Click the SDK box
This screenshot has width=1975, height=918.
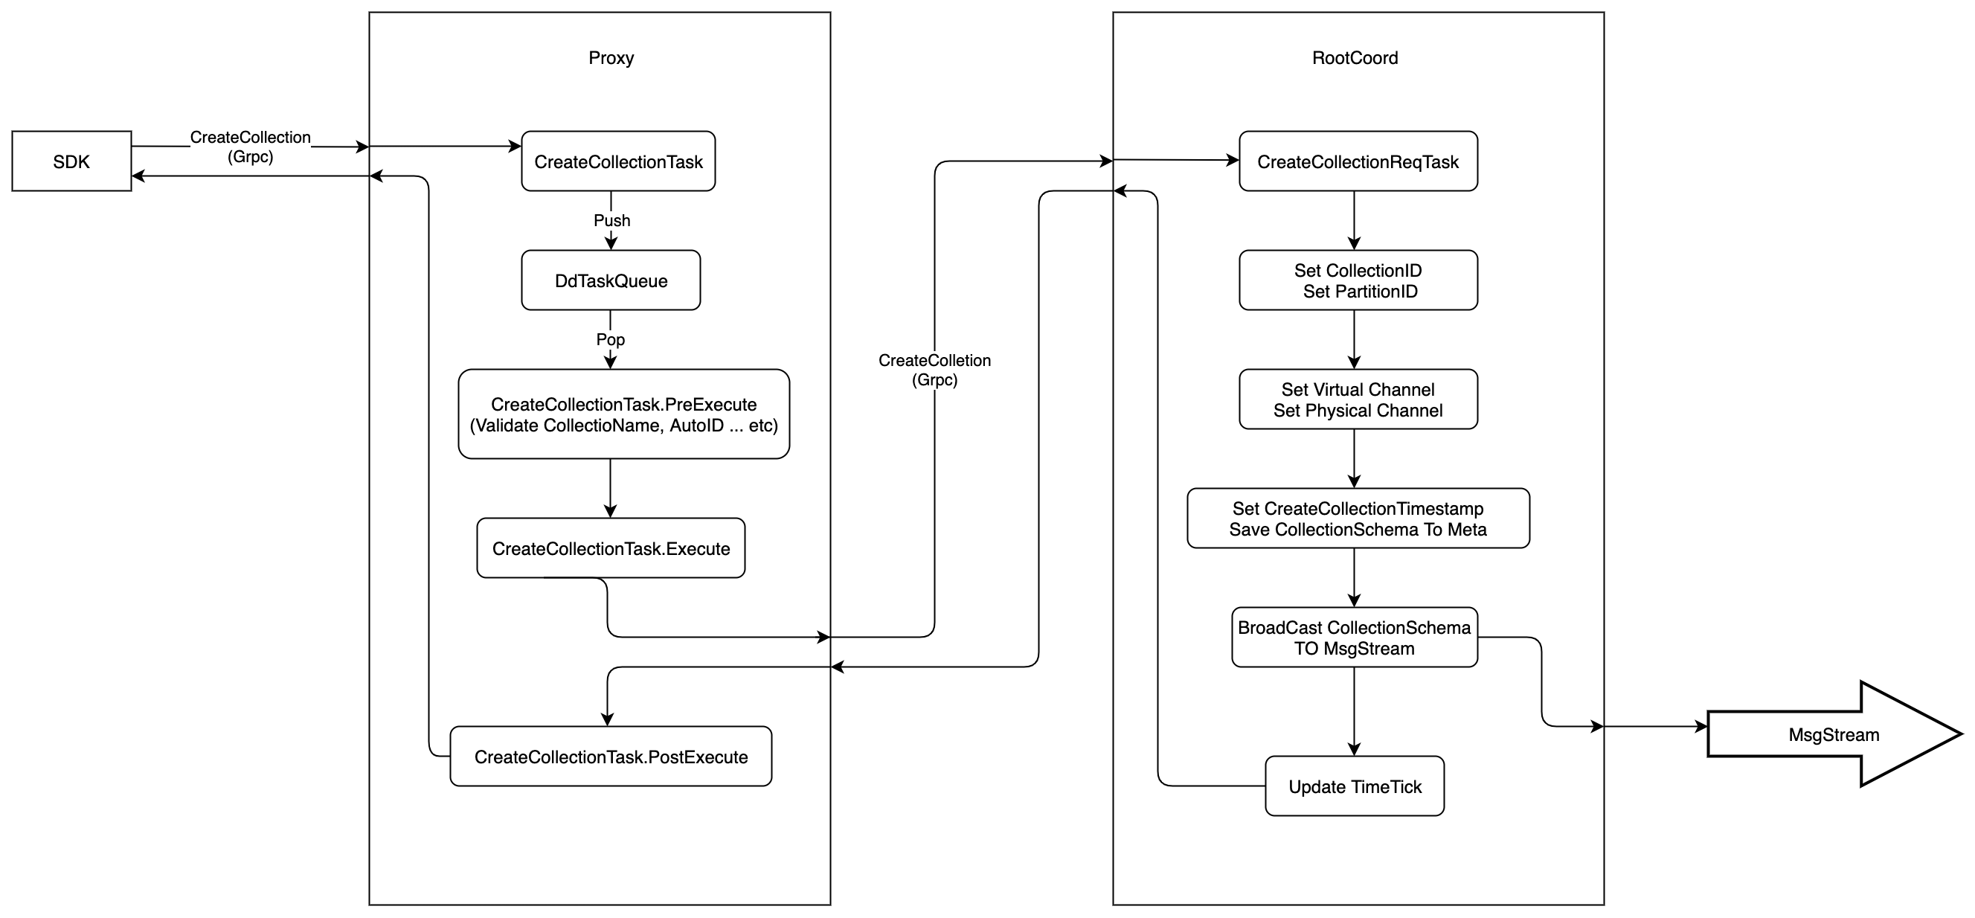pyautogui.click(x=71, y=161)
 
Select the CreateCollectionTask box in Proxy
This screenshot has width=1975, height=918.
pyautogui.click(x=618, y=161)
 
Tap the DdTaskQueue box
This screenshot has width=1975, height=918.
pyautogui.click(x=611, y=280)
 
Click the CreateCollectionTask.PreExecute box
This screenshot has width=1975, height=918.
pyautogui.click(x=623, y=414)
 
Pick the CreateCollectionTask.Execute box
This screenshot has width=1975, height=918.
pyautogui.click(x=611, y=548)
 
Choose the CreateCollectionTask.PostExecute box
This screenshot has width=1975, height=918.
pyautogui.click(x=611, y=757)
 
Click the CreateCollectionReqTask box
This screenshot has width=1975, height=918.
pyautogui.click(x=1358, y=161)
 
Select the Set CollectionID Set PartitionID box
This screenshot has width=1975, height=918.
pyautogui.click(x=1358, y=280)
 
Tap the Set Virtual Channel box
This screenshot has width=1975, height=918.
pyautogui.click(x=1358, y=399)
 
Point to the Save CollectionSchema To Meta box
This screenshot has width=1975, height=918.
pyautogui.click(x=1358, y=519)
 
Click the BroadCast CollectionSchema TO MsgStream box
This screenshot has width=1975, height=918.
pyautogui.click(x=1354, y=638)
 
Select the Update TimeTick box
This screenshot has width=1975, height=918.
pyautogui.click(x=1355, y=787)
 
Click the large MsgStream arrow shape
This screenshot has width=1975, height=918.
pyautogui.click(x=1833, y=735)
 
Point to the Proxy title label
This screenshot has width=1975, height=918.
pyautogui.click(x=611, y=57)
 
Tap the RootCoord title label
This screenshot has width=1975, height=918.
pyautogui.click(x=1355, y=57)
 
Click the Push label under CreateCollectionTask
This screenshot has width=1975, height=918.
pyautogui.click(x=611, y=221)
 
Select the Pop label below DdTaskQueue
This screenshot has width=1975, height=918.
pyautogui.click(x=610, y=339)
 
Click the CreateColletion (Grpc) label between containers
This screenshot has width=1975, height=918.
pyautogui.click(x=934, y=370)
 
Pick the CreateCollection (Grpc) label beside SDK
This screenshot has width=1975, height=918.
pyautogui.click(x=250, y=147)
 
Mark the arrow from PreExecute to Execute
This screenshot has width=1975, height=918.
pyautogui.click(x=610, y=489)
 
